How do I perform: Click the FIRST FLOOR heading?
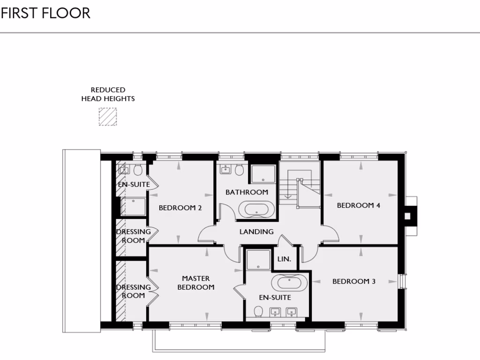[x=45, y=13]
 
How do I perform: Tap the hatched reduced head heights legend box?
[x=107, y=117]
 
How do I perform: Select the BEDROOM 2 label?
[x=180, y=208]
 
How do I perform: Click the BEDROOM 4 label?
[x=359, y=205]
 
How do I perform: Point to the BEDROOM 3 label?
[x=354, y=282]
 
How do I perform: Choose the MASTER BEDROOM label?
[x=196, y=283]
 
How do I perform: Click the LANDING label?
[x=256, y=232]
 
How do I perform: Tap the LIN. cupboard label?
[x=284, y=259]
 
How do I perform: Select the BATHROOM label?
[x=247, y=192]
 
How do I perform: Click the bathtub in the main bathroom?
[x=256, y=209]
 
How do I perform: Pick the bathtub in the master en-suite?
[x=290, y=283]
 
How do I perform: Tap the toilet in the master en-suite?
[x=258, y=312]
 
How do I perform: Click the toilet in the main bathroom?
[x=240, y=170]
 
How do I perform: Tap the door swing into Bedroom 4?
[x=330, y=233]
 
